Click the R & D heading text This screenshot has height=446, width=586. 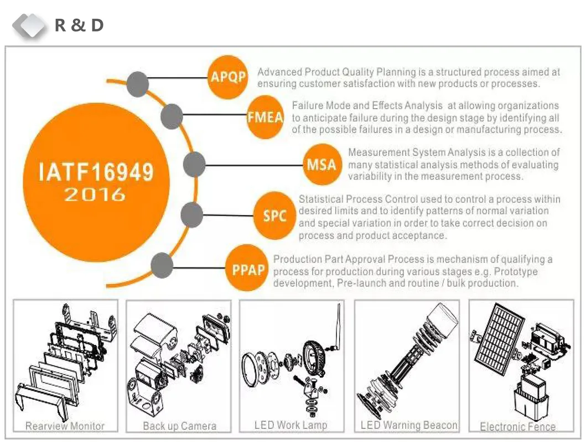tap(79, 25)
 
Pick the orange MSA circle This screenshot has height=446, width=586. tap(322, 165)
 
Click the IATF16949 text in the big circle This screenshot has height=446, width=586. tap(96, 172)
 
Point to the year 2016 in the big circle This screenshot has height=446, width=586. tap(95, 195)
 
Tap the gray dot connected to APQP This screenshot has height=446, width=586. tap(138, 85)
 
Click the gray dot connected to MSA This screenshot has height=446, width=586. tap(194, 164)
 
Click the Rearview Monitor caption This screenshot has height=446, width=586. tap(65, 426)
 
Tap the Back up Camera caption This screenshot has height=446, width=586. tap(179, 426)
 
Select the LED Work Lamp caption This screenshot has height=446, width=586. tap(291, 425)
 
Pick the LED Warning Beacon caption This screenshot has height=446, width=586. tap(409, 425)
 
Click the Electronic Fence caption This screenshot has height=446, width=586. tap(517, 427)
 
